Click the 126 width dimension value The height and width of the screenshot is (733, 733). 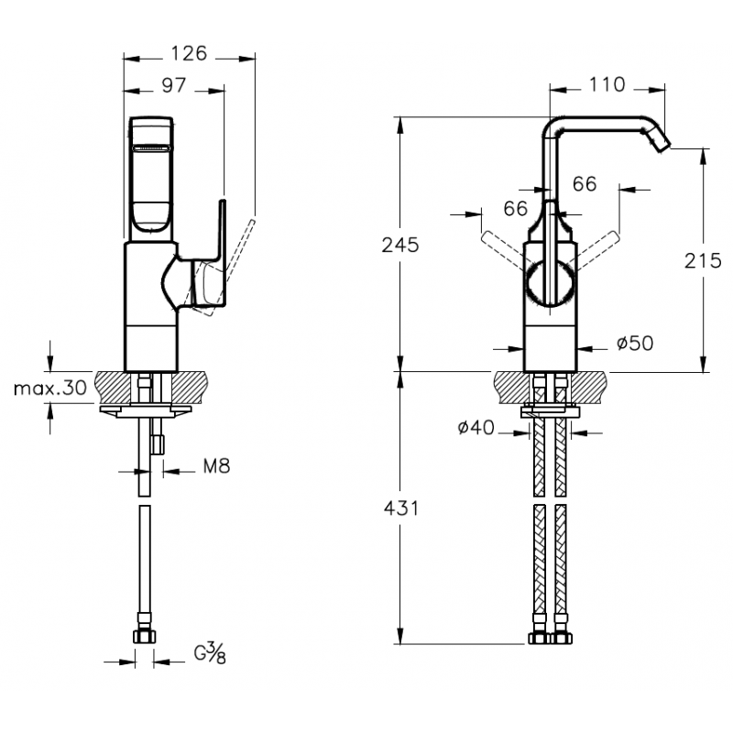click(189, 53)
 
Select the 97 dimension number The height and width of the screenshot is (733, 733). click(174, 85)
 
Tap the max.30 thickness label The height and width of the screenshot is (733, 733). click(50, 388)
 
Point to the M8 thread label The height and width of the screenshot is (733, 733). click(217, 466)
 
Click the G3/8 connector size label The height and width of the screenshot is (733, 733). click(210, 652)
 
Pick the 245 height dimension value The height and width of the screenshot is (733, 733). click(400, 245)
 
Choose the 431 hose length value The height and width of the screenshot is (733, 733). click(401, 509)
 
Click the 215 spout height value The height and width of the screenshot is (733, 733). click(703, 260)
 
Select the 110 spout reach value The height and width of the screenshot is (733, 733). click(607, 84)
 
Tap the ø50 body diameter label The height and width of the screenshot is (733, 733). click(635, 343)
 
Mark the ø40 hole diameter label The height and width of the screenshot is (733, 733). click(476, 427)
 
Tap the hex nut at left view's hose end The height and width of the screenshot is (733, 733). click(145, 636)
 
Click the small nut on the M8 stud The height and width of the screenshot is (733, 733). click(159, 443)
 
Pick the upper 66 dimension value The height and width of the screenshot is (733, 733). click(585, 184)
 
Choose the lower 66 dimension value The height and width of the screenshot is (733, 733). click(516, 209)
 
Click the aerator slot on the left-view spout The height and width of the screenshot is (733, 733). click(152, 148)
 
